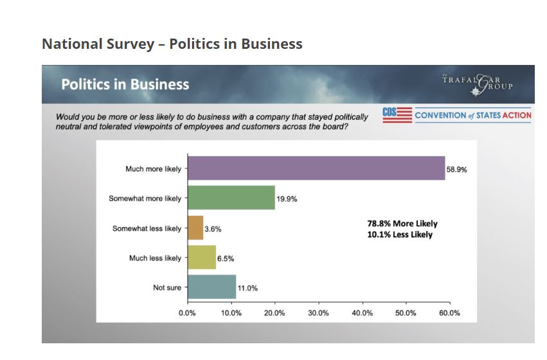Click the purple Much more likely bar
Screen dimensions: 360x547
click(x=316, y=168)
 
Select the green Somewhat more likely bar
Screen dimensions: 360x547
click(x=231, y=198)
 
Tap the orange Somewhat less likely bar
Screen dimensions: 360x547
click(x=195, y=228)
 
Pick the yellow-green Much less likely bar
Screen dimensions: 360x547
click(x=201, y=258)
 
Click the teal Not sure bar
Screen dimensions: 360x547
click(x=211, y=287)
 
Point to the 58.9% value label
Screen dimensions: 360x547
click(x=456, y=169)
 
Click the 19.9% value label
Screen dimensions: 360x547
click(x=287, y=199)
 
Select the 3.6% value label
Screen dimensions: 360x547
click(x=213, y=229)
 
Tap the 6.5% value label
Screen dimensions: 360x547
click(x=226, y=258)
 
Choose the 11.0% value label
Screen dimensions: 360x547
click(x=247, y=288)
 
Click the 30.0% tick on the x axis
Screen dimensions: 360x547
click(x=318, y=313)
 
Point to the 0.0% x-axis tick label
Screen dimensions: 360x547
click(x=187, y=313)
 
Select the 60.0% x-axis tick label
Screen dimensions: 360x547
click(x=449, y=313)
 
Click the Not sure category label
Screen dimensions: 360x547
click(x=167, y=288)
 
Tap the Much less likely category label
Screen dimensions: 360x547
click(x=155, y=258)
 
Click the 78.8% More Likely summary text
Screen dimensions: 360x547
click(x=402, y=224)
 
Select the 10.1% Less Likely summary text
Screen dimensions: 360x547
click(x=400, y=235)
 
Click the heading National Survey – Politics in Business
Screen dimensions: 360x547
click(x=172, y=44)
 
